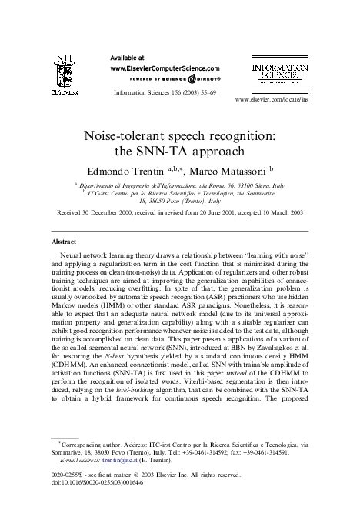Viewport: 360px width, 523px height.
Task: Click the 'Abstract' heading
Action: tap(63, 241)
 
